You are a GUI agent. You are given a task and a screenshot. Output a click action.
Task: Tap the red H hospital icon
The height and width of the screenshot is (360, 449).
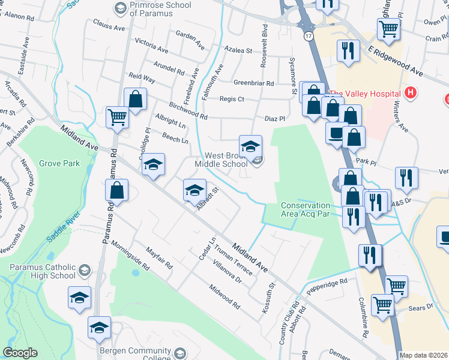coord(411,93)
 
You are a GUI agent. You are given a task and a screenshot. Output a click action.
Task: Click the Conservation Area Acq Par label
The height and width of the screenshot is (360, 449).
coord(306,210)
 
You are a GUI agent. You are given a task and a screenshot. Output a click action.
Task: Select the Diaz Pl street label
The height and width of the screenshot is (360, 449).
coord(274,119)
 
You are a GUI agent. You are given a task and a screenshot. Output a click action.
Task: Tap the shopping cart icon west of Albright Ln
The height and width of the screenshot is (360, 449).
coord(117,118)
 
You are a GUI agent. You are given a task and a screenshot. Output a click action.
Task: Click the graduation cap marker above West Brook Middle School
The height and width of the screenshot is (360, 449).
coord(251,145)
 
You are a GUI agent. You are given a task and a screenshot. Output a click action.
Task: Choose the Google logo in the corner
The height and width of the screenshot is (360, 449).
coord(20,353)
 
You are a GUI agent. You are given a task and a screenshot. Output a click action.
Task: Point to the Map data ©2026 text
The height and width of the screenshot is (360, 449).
coord(424,355)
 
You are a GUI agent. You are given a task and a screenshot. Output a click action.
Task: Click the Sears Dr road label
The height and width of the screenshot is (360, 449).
coord(420,307)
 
